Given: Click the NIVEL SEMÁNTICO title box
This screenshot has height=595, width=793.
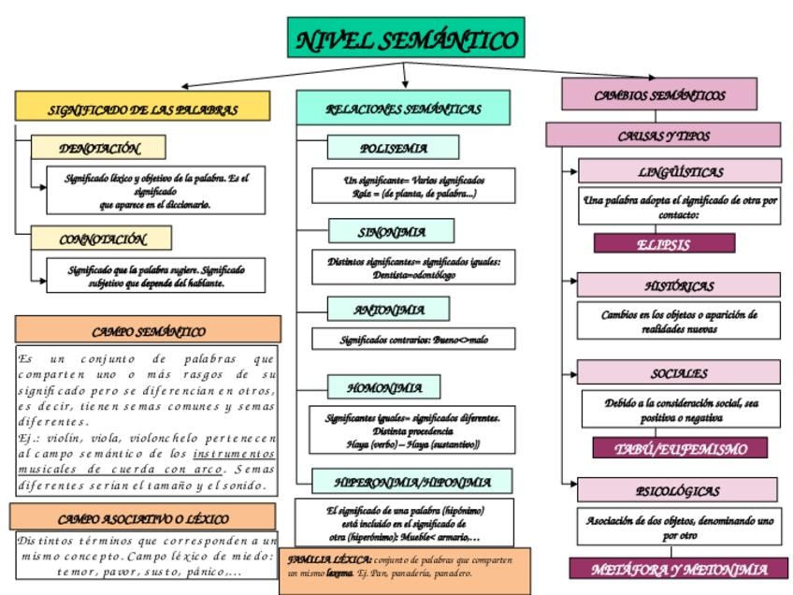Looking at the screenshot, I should (406, 39).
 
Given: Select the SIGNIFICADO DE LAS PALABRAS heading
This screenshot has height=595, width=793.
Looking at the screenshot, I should (142, 107).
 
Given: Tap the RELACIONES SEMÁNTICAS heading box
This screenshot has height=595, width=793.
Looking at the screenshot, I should (403, 108).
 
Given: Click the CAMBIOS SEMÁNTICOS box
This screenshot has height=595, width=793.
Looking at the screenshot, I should (659, 94).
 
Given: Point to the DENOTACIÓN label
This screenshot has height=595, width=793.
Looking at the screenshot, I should (99, 148).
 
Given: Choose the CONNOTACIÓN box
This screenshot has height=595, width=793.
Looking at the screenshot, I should (102, 239).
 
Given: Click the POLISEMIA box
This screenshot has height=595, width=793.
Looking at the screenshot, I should (393, 148).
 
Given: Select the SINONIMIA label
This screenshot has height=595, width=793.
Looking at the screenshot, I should (391, 231).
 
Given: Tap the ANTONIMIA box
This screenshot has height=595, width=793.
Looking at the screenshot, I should (389, 310).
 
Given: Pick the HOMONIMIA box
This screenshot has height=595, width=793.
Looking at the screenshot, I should (384, 387).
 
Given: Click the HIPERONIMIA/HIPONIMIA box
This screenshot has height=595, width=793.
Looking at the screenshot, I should (412, 482).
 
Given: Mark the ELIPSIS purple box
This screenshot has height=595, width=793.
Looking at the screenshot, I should (663, 244).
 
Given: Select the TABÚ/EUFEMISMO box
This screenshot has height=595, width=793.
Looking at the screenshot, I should (680, 448).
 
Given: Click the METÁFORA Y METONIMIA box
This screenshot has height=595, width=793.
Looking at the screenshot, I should (679, 569).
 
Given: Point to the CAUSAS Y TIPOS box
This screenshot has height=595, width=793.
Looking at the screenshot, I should (663, 135).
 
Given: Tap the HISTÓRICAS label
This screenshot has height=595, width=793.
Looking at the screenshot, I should (678, 285).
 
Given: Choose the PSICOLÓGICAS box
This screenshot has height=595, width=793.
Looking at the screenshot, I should (677, 490).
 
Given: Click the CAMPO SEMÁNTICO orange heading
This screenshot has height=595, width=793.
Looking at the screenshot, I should (148, 330).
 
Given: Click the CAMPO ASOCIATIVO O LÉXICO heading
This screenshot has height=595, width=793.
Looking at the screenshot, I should (142, 517).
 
